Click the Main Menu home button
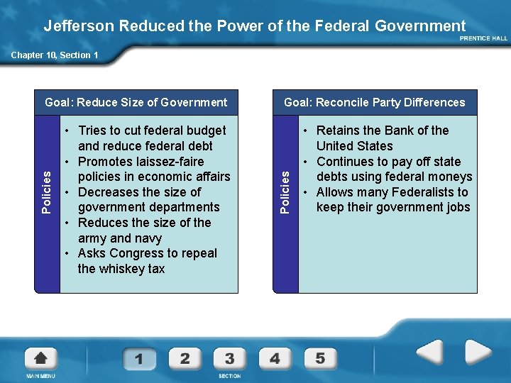[x=40, y=359]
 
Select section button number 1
[x=139, y=359]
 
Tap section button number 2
[x=185, y=358]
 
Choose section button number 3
[x=230, y=358]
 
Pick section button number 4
[x=275, y=358]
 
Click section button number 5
[x=320, y=358]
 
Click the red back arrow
[x=429, y=353]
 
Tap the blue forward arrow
[x=478, y=353]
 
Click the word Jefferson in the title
[x=79, y=26]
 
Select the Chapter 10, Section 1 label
[x=55, y=55]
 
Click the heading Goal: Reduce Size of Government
[x=136, y=102]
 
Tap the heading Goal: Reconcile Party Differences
[x=375, y=102]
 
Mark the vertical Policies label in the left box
[x=46, y=192]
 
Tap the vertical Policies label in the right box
[x=285, y=192]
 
